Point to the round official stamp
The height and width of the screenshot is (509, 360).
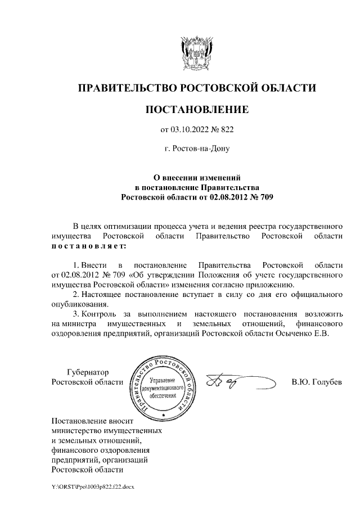coord(163,388)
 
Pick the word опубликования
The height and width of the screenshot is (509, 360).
coord(79,304)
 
